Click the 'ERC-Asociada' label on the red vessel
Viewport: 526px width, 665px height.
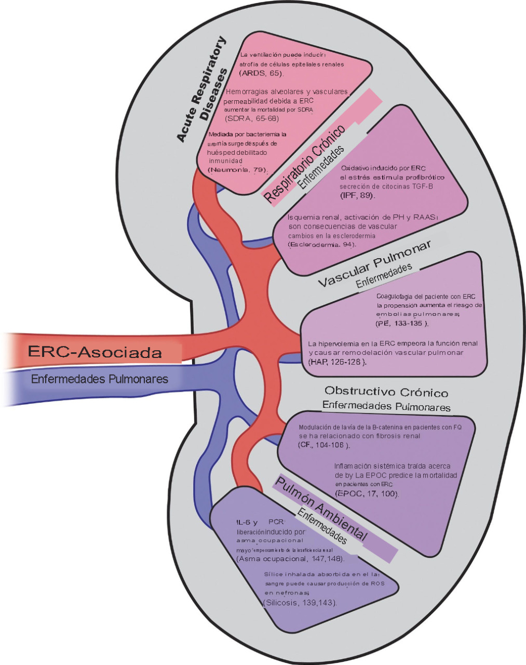pos(95,352)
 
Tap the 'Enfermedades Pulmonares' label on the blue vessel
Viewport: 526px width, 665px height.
pos(99,379)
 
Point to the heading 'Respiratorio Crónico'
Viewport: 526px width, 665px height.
pos(304,164)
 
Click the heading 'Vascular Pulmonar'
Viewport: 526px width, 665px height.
pos(374,264)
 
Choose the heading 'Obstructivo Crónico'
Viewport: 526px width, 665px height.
pos(386,392)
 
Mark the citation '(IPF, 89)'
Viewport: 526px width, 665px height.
pos(358,195)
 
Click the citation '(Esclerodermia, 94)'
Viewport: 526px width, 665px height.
pos(322,244)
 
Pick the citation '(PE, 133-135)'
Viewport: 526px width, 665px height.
pos(401,323)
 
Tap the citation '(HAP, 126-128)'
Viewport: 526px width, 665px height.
pos(337,362)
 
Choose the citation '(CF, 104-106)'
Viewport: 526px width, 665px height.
pos(324,445)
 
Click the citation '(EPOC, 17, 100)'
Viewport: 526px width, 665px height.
pos(367,493)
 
